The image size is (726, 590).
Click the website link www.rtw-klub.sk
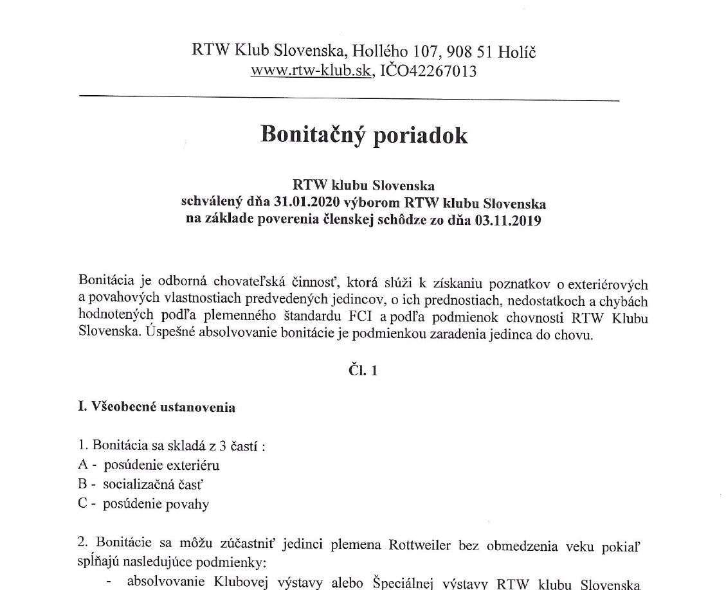311,71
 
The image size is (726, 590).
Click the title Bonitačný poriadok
363,136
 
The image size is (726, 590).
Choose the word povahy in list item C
188,504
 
